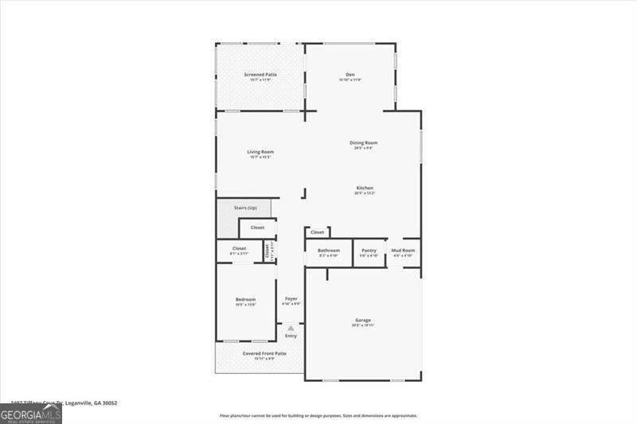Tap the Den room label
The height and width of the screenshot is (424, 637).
click(350, 75)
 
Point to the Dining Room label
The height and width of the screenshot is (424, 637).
click(362, 143)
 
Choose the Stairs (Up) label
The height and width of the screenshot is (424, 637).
click(245, 208)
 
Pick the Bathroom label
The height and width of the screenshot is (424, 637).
click(328, 251)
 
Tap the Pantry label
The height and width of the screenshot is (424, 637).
click(369, 251)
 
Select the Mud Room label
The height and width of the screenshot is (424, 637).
click(402, 251)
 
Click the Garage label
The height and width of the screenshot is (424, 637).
click(362, 321)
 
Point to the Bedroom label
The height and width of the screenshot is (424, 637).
click(244, 299)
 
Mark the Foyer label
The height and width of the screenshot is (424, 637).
click(291, 299)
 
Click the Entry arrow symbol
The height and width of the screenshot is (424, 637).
click(291, 328)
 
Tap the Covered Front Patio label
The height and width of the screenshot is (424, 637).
click(259, 353)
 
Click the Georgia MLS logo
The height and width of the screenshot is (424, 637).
click(31, 414)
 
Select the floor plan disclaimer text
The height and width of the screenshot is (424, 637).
click(318, 415)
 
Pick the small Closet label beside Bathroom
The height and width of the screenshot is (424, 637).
click(317, 232)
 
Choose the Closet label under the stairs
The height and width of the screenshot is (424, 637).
click(257, 228)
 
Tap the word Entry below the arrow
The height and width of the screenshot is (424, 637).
click(291, 336)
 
